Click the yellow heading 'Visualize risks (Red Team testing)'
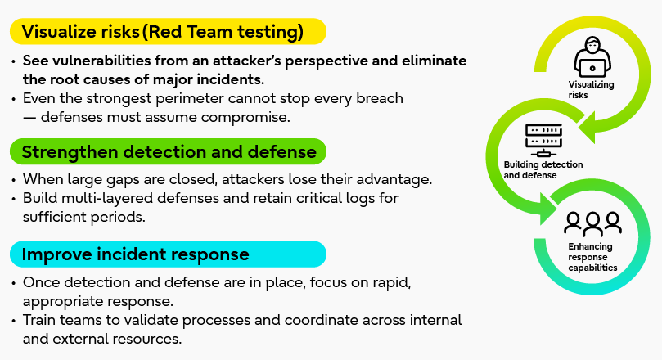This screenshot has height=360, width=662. pos(164,32)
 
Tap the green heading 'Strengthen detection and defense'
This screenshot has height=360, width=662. pos(169,152)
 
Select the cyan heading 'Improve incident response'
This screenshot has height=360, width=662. pos(136,254)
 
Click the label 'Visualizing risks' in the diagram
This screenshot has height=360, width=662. pos(590,90)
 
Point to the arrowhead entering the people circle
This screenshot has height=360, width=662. pos(546,208)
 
